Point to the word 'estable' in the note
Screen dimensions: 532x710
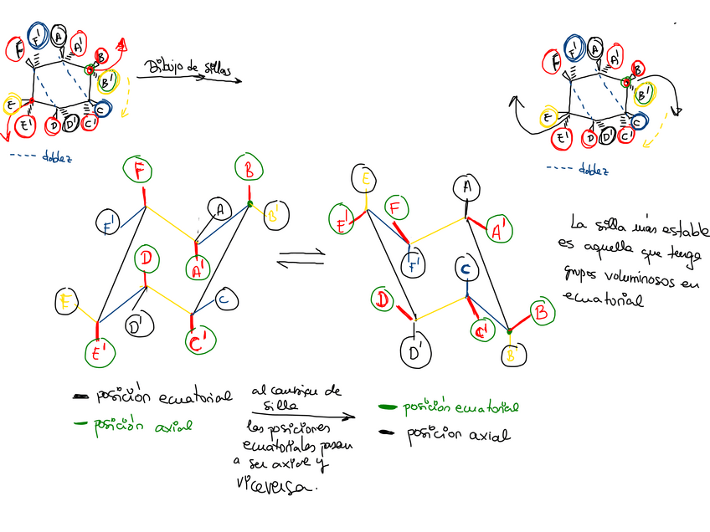pos(678,225)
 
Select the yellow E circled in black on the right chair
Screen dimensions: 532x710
pos(365,176)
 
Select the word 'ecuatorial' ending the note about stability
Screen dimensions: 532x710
pos(604,298)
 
